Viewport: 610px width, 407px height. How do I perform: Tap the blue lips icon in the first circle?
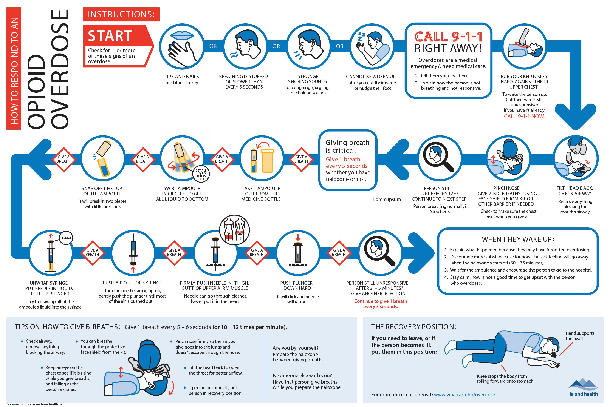(182, 35)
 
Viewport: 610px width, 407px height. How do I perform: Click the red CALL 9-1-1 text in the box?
(448, 37)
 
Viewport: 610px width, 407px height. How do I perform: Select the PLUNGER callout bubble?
(66, 238)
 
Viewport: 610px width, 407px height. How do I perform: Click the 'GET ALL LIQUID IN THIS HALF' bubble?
(201, 174)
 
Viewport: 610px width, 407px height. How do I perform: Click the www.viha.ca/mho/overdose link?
(464, 395)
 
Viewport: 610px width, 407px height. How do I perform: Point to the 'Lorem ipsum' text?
(387, 199)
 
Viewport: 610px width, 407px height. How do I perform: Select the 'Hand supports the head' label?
(580, 336)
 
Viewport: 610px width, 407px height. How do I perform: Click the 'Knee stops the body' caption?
(505, 379)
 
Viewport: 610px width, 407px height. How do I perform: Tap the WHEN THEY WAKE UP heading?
(518, 239)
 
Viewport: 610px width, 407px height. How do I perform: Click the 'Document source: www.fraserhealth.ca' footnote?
(34, 404)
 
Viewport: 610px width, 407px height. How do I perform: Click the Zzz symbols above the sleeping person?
(361, 37)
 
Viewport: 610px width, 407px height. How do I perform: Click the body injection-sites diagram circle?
(234, 230)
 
